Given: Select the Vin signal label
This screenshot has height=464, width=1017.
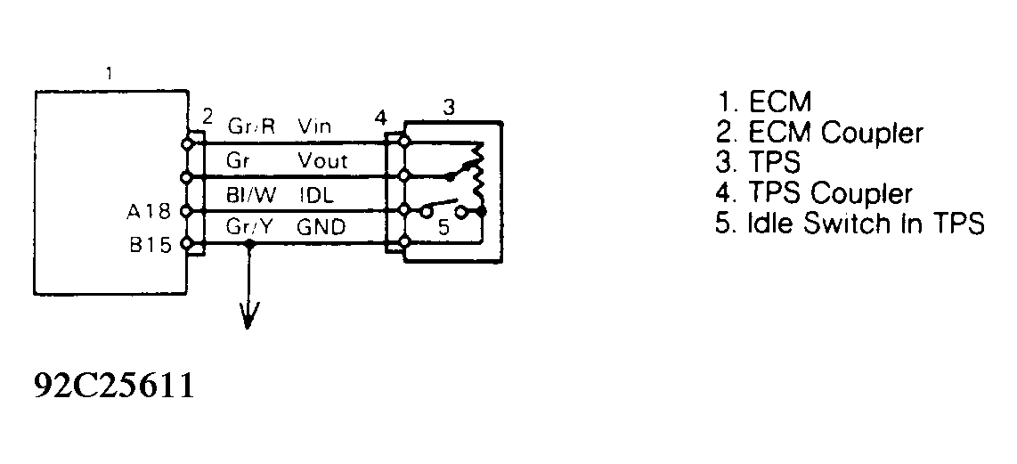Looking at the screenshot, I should point(313,126).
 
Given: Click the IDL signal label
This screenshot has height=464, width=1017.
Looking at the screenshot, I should point(312,194).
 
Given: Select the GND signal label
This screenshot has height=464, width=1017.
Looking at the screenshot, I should point(320,228).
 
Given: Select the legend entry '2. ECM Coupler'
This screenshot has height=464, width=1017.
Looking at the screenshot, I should point(819,133).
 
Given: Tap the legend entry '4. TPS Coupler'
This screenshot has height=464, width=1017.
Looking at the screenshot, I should point(814,193).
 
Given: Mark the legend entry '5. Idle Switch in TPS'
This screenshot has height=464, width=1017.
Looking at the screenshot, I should point(850,224).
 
